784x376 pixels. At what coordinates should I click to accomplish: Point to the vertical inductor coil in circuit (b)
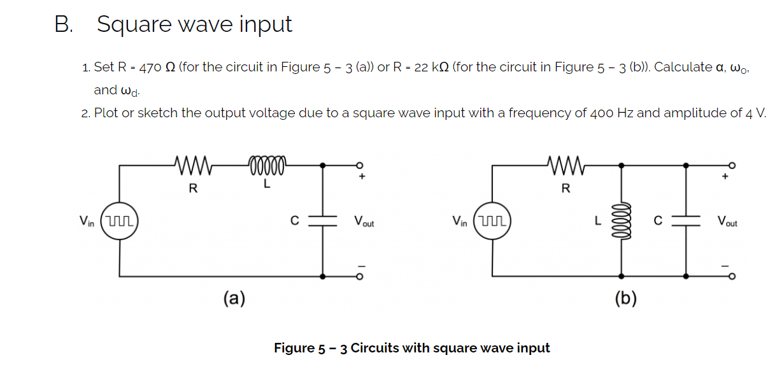click(621, 221)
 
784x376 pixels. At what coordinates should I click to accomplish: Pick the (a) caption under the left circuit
click(234, 298)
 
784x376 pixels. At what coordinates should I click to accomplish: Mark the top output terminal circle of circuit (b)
click(732, 164)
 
